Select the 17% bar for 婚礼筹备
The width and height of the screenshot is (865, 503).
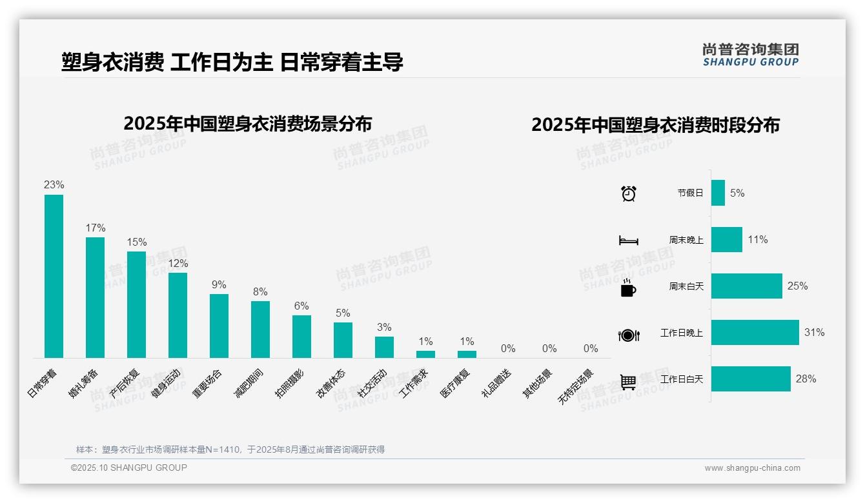click(95, 297)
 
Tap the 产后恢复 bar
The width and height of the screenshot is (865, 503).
click(136, 304)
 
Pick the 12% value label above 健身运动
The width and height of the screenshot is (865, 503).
click(178, 263)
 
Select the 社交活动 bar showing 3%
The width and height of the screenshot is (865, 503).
click(384, 347)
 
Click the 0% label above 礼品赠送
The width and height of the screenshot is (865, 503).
click(508, 349)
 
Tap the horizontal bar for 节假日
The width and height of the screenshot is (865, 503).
click(718, 193)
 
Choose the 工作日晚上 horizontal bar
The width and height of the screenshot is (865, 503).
click(755, 333)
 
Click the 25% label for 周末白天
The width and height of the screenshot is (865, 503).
click(797, 286)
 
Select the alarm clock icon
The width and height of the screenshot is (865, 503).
click(629, 193)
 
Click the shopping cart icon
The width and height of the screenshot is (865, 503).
click(628, 382)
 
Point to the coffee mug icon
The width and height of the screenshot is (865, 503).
click(628, 288)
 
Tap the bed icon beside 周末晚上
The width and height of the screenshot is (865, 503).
click(628, 241)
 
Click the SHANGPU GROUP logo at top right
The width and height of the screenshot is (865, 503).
click(751, 55)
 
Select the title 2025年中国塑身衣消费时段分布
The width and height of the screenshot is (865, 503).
click(655, 124)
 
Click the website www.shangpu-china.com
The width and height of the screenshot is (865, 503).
click(752, 468)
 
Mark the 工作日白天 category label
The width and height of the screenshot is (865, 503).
click(682, 379)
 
